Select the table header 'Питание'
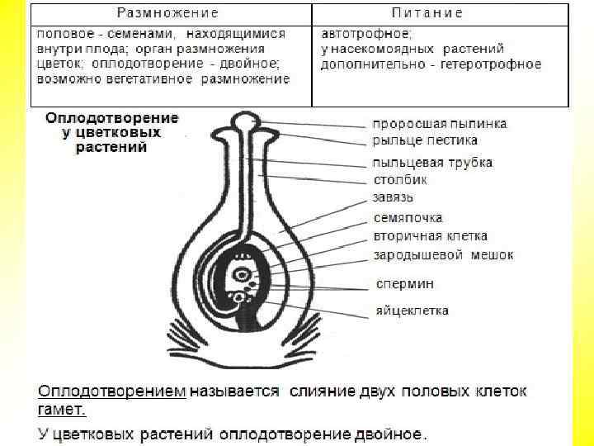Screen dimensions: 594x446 click(x=426, y=13)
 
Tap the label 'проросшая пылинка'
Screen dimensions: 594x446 click(x=440, y=124)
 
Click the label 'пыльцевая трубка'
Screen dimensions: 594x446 click(x=432, y=162)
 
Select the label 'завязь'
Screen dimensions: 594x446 click(x=394, y=197)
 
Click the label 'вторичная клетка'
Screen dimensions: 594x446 click(x=430, y=237)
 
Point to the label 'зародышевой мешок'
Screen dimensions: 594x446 click(x=443, y=255)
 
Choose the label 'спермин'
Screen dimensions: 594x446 click(x=405, y=283)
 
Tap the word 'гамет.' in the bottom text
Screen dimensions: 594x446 click(x=63, y=409)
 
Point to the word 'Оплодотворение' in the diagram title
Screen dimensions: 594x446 click(x=112, y=118)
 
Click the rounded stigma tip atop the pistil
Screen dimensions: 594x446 click(x=242, y=122)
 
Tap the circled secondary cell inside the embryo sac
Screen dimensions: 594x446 click(x=242, y=273)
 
